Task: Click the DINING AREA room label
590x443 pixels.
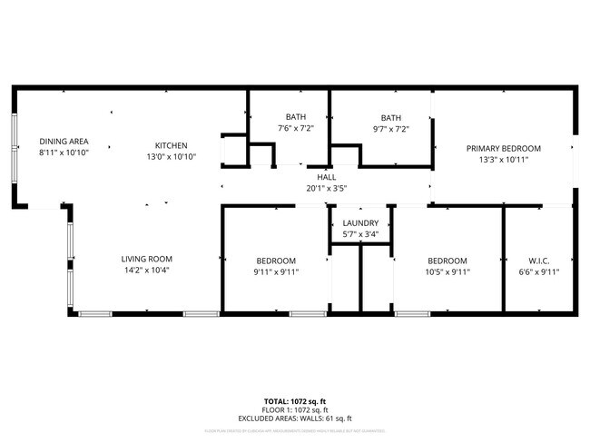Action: point(64,142)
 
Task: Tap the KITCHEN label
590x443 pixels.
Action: point(171,145)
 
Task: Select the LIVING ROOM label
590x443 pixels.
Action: point(147,259)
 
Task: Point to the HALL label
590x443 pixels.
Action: point(327,177)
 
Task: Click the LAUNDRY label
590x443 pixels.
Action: point(360,223)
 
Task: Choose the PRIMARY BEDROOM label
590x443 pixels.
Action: point(504,148)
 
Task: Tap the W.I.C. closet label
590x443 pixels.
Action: point(538,260)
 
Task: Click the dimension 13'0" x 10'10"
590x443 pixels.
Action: point(171,156)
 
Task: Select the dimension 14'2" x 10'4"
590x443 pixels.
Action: point(147,271)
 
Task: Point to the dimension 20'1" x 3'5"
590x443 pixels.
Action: point(327,189)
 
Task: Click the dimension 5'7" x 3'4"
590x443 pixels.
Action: point(360,235)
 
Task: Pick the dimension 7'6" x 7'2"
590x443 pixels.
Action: point(296,129)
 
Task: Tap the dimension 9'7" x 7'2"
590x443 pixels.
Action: point(390,129)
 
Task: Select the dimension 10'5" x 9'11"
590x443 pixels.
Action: point(447,271)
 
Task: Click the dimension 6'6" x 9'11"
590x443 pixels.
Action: point(538,271)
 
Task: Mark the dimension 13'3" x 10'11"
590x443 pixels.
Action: point(504,160)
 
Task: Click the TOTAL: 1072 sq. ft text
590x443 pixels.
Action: point(295,400)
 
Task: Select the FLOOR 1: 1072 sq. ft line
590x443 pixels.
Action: point(295,409)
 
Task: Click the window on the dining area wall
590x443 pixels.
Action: point(14,145)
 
